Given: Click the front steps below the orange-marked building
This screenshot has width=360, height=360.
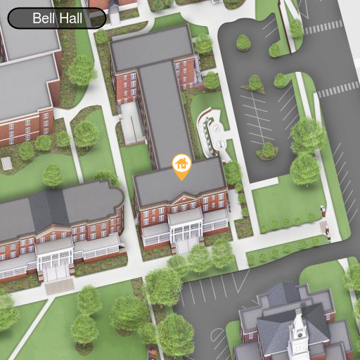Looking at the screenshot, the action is pos(187,245).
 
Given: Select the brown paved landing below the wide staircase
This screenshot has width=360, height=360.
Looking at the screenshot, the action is pos(59,286).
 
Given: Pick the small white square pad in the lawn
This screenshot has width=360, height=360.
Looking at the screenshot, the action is pos(7,163).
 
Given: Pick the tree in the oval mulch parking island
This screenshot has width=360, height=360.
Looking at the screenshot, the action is pos(267,150).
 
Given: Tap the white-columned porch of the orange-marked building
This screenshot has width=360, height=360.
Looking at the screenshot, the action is pos(186,224).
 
